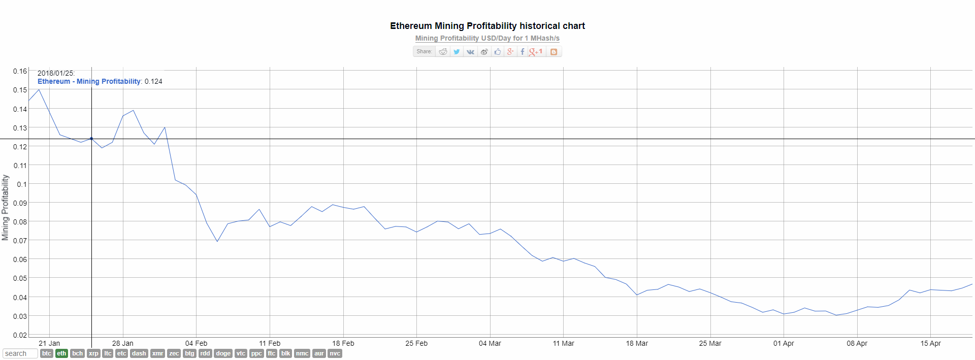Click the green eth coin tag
[x=61, y=353]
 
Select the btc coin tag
[x=47, y=353]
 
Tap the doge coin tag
[x=223, y=353]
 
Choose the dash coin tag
[x=139, y=353]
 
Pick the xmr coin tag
[x=158, y=353]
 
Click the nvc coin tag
[x=335, y=353]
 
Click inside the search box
[x=20, y=353]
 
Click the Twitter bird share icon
[x=457, y=52]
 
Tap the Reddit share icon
[x=443, y=52]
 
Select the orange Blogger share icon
[x=554, y=52]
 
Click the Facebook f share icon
[x=522, y=52]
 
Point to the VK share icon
[x=470, y=52]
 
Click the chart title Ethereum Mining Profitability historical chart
[x=487, y=26]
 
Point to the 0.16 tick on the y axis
[x=20, y=71]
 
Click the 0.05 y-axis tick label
[x=20, y=278]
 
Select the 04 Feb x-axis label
[x=196, y=343]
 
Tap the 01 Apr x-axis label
[x=784, y=343]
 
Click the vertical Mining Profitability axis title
[x=6, y=207]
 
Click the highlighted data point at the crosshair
[x=91, y=139]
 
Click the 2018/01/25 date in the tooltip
[x=56, y=73]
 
